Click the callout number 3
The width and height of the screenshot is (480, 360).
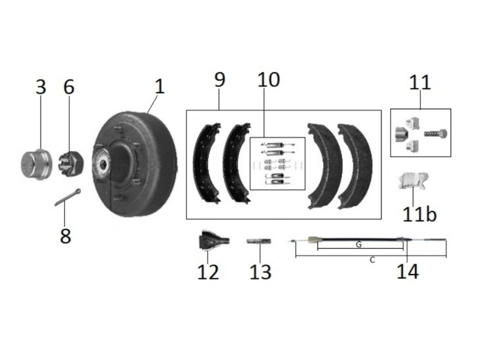41,87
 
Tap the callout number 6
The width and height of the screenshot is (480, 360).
69,87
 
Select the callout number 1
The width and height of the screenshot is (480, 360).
159,85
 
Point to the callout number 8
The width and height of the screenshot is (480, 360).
65,235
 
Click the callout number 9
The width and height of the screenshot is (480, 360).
220,80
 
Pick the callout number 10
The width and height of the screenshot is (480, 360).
269,80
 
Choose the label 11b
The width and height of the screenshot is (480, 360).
419,213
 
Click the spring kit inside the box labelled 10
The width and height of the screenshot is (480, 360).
277,164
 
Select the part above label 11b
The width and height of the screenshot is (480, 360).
412,181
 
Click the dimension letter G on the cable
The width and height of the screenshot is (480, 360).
358,245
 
